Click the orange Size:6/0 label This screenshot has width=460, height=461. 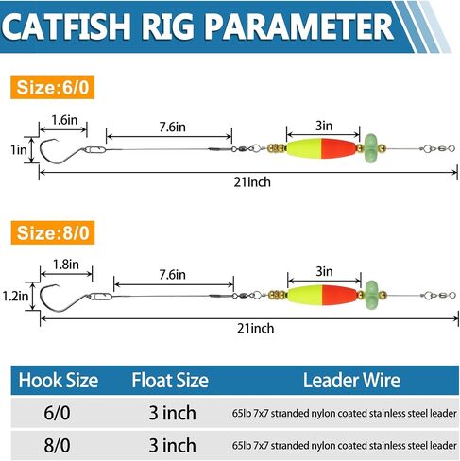pyautogui.click(x=53, y=87)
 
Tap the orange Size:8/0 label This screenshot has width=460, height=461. pyautogui.click(x=53, y=232)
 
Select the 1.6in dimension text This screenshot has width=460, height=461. pyautogui.click(x=64, y=120)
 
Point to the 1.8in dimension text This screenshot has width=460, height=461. pyautogui.click(x=66, y=265)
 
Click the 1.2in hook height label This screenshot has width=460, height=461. pyautogui.click(x=15, y=296)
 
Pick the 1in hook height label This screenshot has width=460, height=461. pyautogui.click(x=19, y=149)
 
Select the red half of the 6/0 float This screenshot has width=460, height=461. pyautogui.click(x=338, y=148)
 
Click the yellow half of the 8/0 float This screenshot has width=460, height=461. pyautogui.click(x=305, y=295)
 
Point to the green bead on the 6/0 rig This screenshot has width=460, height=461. pyautogui.click(x=370, y=148)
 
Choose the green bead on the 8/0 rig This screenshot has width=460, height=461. pyautogui.click(x=372, y=295)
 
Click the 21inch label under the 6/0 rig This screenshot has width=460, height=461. pyautogui.click(x=252, y=182)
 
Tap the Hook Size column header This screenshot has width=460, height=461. pyautogui.click(x=59, y=381)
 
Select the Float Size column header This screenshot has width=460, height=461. pyautogui.click(x=170, y=381)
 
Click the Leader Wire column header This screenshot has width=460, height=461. pyautogui.click(x=351, y=381)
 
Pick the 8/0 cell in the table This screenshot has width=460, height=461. pyautogui.click(x=57, y=445)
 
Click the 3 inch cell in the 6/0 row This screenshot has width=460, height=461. pyautogui.click(x=172, y=413)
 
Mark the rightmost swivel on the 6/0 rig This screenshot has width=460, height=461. pyautogui.click(x=438, y=148)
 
